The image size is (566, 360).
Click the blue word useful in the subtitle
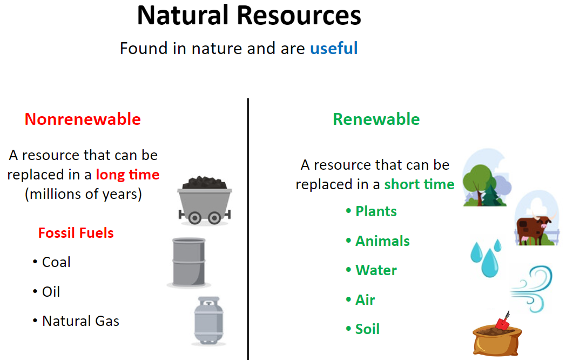[334, 49]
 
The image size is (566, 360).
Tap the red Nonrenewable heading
[83, 119]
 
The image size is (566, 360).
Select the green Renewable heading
[376, 119]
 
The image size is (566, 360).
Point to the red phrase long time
[127, 175]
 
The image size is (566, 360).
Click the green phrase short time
[419, 184]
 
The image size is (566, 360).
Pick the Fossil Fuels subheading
[76, 233]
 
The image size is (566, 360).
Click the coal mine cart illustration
[205, 201]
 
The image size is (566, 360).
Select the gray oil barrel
[189, 262]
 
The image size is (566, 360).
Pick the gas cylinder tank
[208, 321]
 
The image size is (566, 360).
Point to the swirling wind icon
[532, 289]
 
